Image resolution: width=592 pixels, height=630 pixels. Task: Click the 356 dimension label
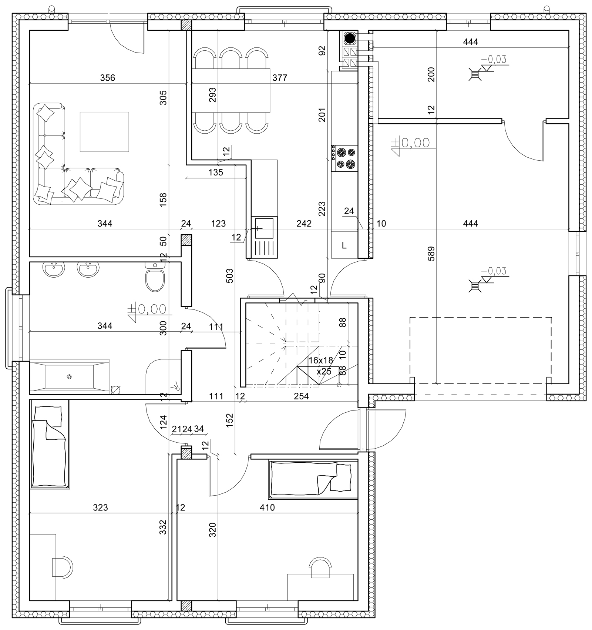(x=108, y=78)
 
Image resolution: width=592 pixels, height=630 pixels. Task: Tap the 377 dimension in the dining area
(x=280, y=78)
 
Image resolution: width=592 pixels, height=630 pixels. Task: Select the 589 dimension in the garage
(x=431, y=254)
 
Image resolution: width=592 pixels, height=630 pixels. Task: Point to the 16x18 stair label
(x=321, y=360)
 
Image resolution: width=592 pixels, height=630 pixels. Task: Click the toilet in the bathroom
(x=155, y=278)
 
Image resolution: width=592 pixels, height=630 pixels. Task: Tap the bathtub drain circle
(x=69, y=377)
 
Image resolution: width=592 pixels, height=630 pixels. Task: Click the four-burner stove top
(x=344, y=158)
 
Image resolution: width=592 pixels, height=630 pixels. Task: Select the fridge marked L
(x=344, y=245)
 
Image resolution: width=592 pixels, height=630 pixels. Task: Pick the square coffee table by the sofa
(x=104, y=132)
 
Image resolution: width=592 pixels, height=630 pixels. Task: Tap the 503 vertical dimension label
(x=229, y=276)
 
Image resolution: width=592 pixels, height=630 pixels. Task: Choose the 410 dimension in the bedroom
(x=267, y=507)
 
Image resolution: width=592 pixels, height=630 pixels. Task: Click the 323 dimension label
(x=100, y=507)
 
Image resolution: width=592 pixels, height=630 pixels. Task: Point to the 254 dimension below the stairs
(x=301, y=396)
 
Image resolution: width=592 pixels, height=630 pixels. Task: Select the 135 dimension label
(x=216, y=172)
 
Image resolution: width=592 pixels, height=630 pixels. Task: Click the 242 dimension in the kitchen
(x=304, y=224)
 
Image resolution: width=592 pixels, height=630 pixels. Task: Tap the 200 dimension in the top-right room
(x=431, y=74)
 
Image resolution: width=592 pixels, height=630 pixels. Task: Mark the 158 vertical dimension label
(x=163, y=200)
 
